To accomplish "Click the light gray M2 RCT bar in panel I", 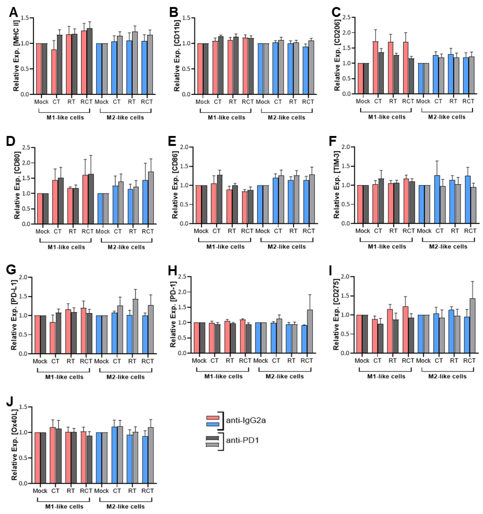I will pyautogui.click(x=472, y=326).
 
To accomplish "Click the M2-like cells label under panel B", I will pyautogui.click(x=286, y=118).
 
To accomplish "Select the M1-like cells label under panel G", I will pyautogui.click(x=64, y=377).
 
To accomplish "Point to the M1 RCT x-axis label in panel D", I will pyautogui.click(x=87, y=231).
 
